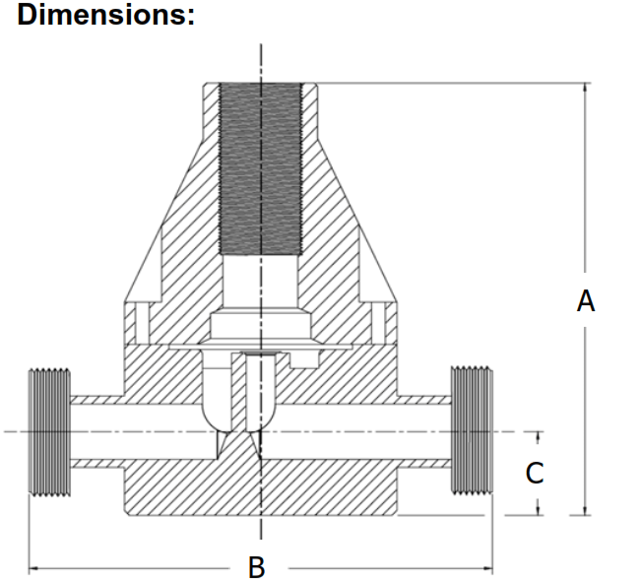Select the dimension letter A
(x=586, y=301)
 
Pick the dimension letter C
(x=534, y=474)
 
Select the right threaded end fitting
(x=471, y=430)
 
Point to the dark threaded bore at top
(x=259, y=167)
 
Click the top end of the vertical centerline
(x=261, y=46)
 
